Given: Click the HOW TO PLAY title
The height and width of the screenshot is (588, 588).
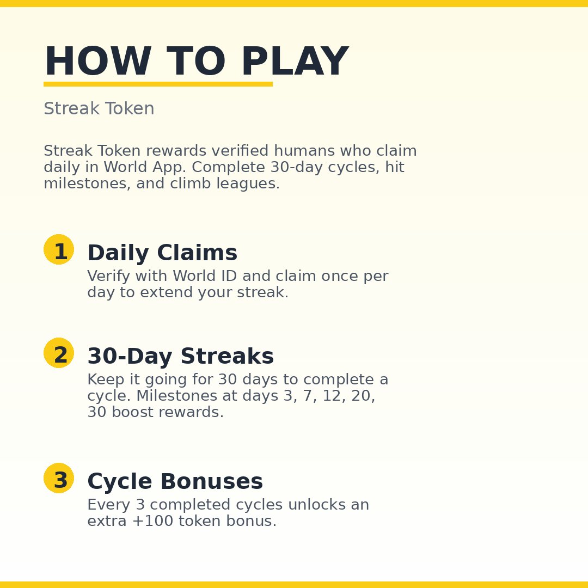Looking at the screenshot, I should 196,62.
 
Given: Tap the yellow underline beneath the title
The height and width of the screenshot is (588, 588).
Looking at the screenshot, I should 158,84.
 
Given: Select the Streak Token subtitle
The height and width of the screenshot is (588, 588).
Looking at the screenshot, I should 99,109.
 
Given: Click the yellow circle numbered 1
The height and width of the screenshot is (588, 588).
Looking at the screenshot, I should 59,249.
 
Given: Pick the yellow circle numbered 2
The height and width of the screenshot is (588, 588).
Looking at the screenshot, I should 59,353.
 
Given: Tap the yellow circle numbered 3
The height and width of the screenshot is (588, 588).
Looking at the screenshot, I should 59,478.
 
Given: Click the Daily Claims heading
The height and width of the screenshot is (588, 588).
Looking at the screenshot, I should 162,253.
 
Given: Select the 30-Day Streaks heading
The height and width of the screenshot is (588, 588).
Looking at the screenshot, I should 180,357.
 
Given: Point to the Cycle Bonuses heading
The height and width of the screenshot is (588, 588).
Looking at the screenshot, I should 175,482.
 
